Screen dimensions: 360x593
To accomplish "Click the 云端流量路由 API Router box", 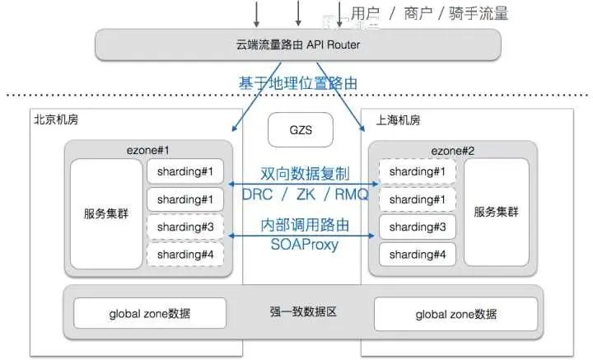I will pos(297,44).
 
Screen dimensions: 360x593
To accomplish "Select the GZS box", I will pos(296,129).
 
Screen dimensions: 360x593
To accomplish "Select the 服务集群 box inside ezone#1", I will pos(106,213).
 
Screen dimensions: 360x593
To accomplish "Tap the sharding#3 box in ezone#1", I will pos(185,227).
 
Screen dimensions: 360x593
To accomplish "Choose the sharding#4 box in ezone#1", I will pos(185,255).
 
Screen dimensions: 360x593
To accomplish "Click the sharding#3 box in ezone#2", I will pos(417,227).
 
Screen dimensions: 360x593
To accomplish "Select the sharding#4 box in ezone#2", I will pos(417,254).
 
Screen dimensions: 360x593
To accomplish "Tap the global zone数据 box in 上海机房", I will pos(455,313).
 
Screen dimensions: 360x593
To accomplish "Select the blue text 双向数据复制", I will pos(305,175).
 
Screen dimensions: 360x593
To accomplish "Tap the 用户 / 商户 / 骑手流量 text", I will pos(428,12).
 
